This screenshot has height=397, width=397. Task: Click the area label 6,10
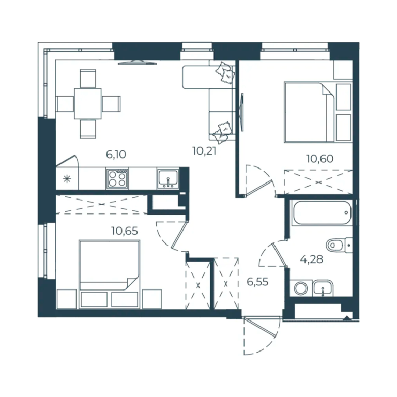(x=116, y=154)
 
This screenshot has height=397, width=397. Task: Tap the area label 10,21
(x=204, y=151)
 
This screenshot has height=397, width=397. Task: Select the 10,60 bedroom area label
(x=320, y=159)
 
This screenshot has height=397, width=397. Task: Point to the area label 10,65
(x=125, y=231)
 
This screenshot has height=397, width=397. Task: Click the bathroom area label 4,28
(x=311, y=259)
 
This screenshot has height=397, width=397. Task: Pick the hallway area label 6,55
(x=257, y=282)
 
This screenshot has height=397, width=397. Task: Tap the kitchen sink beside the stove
(x=168, y=179)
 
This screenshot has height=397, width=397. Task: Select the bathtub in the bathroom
(x=322, y=212)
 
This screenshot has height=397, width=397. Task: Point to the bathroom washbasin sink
(x=323, y=288)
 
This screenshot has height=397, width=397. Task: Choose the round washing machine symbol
(x=301, y=288)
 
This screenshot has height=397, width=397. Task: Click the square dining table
(x=88, y=104)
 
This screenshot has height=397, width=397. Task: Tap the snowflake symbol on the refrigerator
(x=67, y=179)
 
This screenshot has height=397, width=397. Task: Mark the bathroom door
(x=273, y=253)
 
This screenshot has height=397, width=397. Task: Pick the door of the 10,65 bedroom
(x=172, y=236)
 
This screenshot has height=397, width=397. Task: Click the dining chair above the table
(x=88, y=79)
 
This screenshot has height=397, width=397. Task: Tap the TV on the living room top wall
(x=137, y=63)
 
